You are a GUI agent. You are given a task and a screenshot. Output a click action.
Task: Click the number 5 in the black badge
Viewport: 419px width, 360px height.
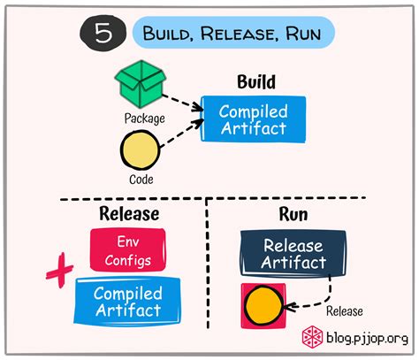(x=102, y=34)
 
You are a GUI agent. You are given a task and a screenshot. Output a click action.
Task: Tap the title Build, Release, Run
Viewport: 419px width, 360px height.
(x=234, y=34)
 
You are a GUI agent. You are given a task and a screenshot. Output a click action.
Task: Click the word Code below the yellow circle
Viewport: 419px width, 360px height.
(x=141, y=179)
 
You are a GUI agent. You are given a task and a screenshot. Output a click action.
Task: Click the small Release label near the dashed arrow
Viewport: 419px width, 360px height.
(x=344, y=310)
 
